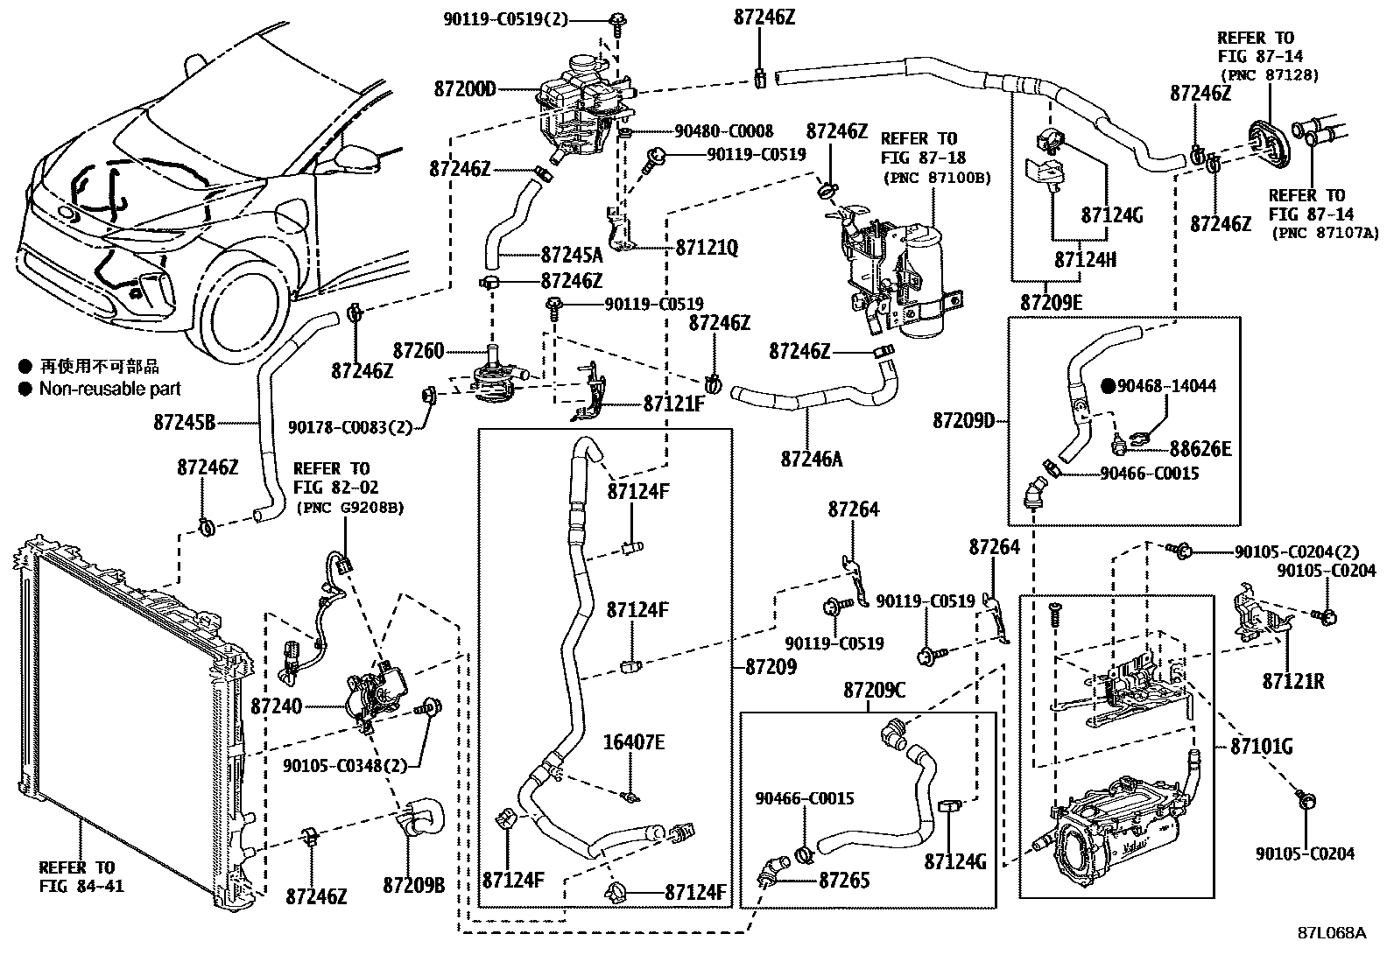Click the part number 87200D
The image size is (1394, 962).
pos(464,89)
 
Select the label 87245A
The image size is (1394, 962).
pos(571,255)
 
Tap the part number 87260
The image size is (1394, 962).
pos(419,351)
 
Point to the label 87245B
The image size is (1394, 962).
pos(184,423)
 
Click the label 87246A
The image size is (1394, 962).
pos(812,458)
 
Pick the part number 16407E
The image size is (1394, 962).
pos(634,743)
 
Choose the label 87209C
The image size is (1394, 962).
pos(874,691)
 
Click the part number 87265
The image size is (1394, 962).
pos(844,881)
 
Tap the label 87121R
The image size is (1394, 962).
pos(1293,680)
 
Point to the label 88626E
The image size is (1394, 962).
pos(1200,450)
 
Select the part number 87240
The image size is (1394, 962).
pos(276,706)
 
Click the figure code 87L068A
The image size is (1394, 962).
pos(1331,933)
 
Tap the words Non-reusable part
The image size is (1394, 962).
pos(109,389)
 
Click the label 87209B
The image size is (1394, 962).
pos(413,886)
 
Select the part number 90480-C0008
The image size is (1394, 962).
pos(723,131)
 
